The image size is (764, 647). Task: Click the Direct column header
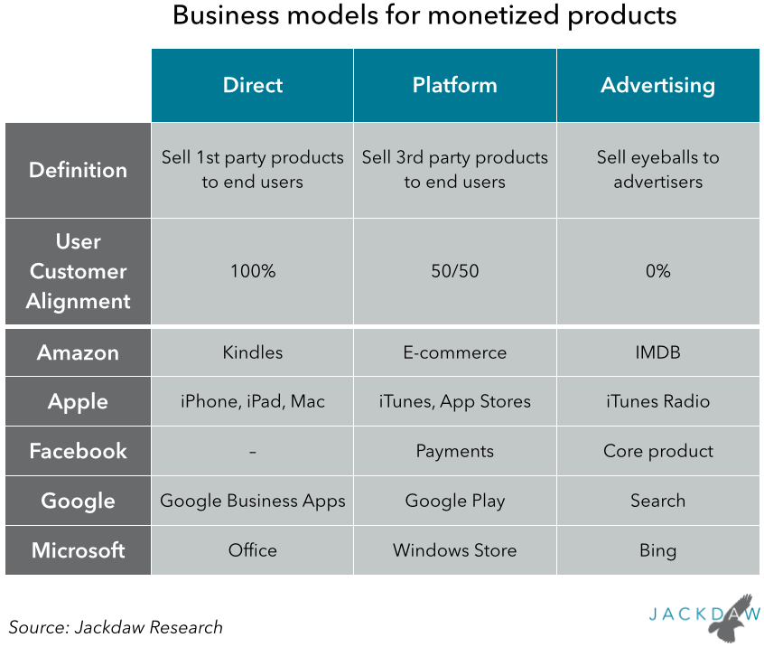[x=252, y=86]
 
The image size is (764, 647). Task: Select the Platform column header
[x=454, y=86]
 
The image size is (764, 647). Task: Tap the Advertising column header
[x=657, y=86]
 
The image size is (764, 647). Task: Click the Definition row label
[x=78, y=170]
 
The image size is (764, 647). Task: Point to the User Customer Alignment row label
[x=78, y=271]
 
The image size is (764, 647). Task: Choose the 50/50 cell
[x=454, y=271]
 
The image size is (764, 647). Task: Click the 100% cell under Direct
[x=252, y=271]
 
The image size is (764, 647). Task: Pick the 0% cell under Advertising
[x=657, y=271]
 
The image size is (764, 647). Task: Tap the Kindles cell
[x=252, y=352]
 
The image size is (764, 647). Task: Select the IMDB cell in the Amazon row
[x=657, y=352]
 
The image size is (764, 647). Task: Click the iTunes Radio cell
[x=657, y=401]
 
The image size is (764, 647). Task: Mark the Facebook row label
[x=78, y=451]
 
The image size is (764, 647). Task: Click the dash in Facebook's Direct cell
[x=252, y=451]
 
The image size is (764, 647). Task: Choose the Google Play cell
[x=454, y=501]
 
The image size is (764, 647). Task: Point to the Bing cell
[x=657, y=549]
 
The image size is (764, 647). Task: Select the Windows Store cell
[x=454, y=549]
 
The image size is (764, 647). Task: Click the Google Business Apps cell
[x=252, y=501]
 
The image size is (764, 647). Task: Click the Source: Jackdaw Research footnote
[x=116, y=626]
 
